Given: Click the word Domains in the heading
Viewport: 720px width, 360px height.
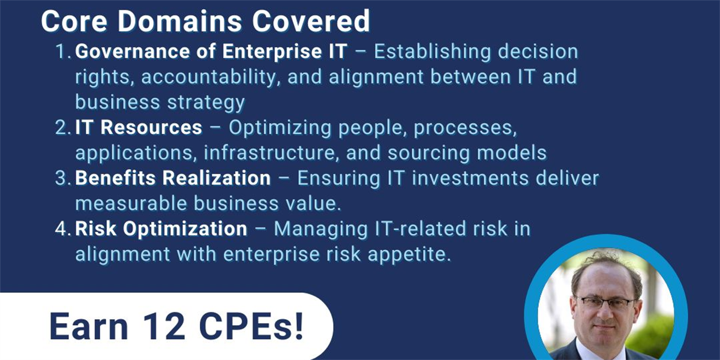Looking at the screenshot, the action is tap(179, 21).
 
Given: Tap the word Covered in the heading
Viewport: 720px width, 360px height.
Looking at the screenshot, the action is tap(311, 21).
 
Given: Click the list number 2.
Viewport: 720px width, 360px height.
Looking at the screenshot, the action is tap(63, 127).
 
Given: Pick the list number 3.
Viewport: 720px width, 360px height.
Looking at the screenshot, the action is tap(63, 178).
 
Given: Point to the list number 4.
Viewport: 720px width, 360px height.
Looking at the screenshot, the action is tap(63, 229).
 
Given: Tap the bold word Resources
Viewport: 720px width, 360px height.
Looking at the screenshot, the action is tap(151, 127).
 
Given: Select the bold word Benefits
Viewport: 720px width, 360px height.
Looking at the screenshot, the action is tap(115, 178).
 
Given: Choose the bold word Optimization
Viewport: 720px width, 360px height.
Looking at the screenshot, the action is tap(185, 229).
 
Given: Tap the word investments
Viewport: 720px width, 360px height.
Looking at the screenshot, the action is tap(470, 178).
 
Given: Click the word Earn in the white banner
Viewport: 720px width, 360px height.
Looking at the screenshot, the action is tap(89, 326).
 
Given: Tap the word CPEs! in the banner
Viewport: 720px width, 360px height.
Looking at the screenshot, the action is tap(251, 326).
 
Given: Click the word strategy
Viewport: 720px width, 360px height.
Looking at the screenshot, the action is tap(206, 103).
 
